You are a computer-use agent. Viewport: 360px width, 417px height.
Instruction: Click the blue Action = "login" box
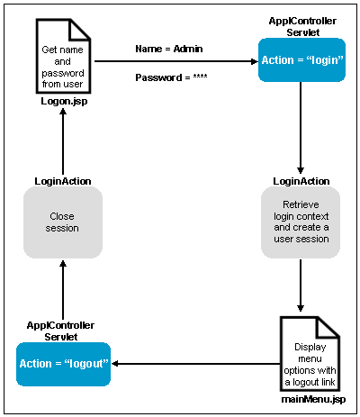(301, 60)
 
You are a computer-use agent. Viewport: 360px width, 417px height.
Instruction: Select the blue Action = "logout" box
(63, 364)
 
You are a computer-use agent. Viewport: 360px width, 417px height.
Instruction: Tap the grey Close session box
(63, 222)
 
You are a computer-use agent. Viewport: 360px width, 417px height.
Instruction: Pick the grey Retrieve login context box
(301, 222)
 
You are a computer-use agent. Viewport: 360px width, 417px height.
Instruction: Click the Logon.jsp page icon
(63, 56)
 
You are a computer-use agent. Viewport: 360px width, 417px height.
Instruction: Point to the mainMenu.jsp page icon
(310, 354)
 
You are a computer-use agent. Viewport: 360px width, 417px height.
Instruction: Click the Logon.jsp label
(64, 102)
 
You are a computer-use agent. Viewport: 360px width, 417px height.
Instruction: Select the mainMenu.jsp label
(313, 399)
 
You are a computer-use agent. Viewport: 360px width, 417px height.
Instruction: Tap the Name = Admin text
(169, 49)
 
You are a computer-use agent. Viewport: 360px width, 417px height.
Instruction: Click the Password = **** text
(171, 77)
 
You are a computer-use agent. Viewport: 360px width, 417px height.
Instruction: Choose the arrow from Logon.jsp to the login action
(176, 61)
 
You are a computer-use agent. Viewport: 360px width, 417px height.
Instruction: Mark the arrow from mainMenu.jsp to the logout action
(195, 364)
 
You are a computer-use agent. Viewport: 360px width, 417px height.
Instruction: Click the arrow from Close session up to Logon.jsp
(63, 141)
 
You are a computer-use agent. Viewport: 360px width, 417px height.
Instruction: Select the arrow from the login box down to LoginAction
(301, 128)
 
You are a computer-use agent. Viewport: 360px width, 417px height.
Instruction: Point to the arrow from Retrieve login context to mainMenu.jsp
(301, 286)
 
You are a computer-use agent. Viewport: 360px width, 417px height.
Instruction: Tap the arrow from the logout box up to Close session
(63, 290)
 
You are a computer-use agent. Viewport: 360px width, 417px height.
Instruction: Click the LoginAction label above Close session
(63, 181)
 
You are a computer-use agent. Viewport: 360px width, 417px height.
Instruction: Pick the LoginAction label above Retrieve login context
(301, 181)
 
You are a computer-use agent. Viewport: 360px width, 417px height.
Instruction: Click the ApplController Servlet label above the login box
(302, 26)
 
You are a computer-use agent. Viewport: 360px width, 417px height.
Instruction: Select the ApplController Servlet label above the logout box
(60, 331)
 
